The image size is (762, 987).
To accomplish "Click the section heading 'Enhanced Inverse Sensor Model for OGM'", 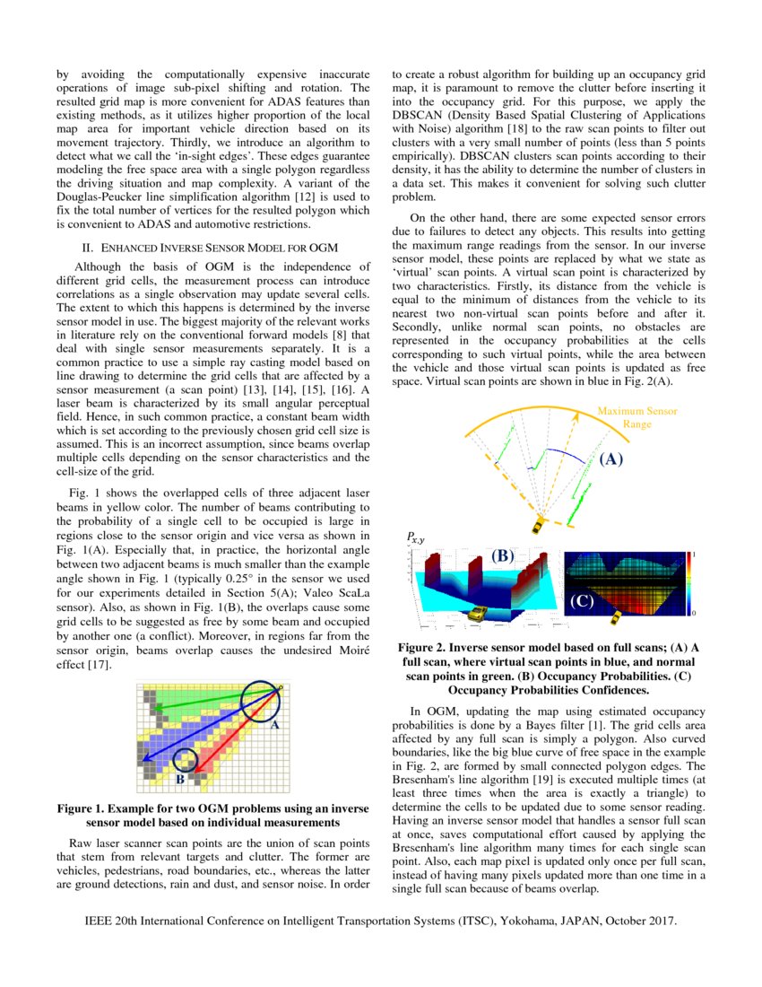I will point(209,247).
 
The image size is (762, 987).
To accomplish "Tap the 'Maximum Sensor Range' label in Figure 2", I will point(637,417).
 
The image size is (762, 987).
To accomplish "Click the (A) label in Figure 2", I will point(610,459).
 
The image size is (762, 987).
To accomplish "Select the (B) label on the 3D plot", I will point(501,556).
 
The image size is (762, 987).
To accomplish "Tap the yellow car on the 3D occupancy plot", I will point(477,613).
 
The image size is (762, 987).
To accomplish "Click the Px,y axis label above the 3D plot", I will point(415,537).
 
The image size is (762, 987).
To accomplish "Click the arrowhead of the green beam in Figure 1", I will point(155,708).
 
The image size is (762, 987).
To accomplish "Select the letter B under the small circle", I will point(179,779).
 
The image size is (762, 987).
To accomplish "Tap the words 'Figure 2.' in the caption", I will point(430,647).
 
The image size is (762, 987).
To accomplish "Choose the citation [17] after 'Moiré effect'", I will point(99,665).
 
